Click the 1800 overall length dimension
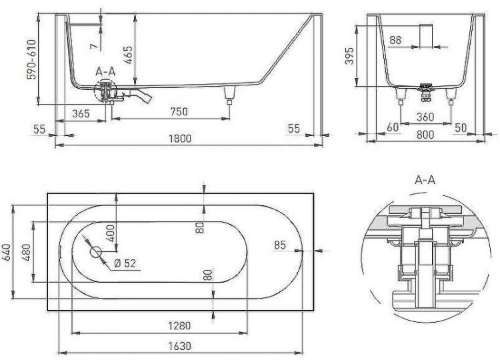point(180,139)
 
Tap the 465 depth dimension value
point(127,55)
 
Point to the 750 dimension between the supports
point(179,111)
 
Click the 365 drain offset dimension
point(81,113)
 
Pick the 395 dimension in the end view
point(350,56)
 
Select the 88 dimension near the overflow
point(395,40)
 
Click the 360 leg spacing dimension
point(425,117)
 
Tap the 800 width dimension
point(425,134)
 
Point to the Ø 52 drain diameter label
point(125,263)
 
